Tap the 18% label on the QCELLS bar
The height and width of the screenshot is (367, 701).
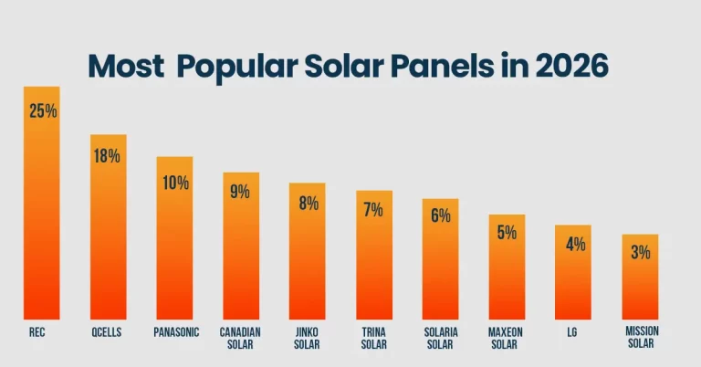coord(108,155)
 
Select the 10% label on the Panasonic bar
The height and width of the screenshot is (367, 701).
coord(174,183)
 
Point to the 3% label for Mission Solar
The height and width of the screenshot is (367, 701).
coord(640,253)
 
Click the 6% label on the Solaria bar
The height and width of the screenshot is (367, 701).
coord(441,215)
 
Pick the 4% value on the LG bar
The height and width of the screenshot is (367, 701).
coord(573,244)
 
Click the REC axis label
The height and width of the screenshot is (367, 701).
coord(37,333)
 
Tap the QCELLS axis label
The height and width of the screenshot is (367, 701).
coord(107,333)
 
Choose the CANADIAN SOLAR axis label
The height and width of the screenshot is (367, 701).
coord(241,339)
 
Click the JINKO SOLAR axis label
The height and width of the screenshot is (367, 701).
coord(308,339)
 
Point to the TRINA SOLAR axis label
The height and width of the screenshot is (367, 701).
coord(373,339)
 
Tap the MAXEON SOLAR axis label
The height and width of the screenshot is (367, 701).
coord(507,339)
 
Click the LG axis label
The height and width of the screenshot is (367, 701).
coord(572,333)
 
